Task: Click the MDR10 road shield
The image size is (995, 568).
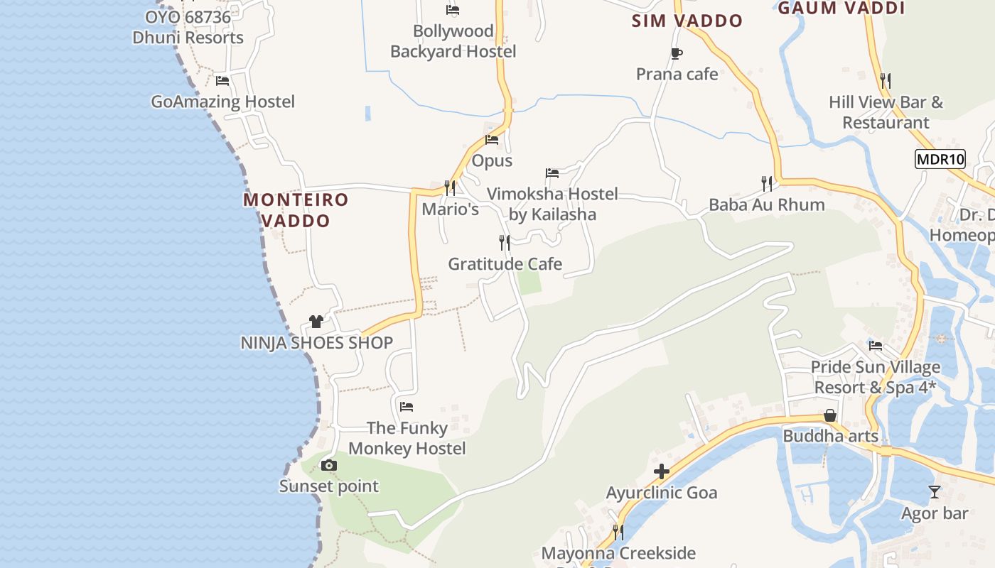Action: [x=940, y=159]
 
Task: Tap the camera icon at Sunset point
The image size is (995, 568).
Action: [x=328, y=466]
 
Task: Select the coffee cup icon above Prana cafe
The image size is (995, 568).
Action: [x=676, y=53]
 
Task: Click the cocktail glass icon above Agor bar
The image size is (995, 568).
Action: [x=935, y=491]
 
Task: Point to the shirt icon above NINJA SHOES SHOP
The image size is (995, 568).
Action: [x=316, y=322]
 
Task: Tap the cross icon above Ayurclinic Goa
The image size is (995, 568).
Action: [x=662, y=471]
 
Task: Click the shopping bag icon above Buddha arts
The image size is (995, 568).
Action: [x=829, y=415]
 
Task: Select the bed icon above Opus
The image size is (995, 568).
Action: [x=492, y=140]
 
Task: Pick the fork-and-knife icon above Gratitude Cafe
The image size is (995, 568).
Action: [x=505, y=243]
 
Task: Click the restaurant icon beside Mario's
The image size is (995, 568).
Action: [x=450, y=188]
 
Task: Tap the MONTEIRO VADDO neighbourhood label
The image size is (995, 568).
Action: [x=296, y=210]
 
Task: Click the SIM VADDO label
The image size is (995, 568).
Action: [x=687, y=21]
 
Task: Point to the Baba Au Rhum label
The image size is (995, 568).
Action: [x=767, y=205]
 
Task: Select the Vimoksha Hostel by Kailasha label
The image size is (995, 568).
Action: [x=552, y=204]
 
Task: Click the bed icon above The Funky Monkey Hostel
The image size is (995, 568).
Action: [x=407, y=407]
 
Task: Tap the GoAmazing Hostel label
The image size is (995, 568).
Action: [x=222, y=102]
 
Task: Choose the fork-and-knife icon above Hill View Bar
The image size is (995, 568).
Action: [x=886, y=81]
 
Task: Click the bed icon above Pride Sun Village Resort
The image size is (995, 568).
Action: [x=876, y=346]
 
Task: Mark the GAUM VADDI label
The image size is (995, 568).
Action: [x=841, y=9]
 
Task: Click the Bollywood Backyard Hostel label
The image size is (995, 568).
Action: [x=453, y=41]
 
